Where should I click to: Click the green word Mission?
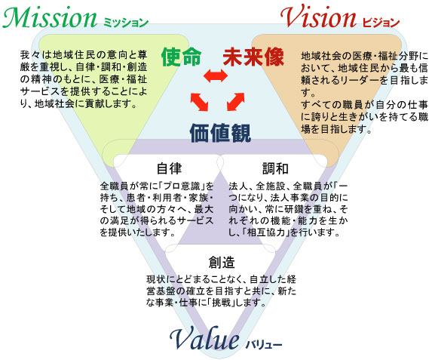(x=50, y=17)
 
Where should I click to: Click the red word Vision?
(x=318, y=17)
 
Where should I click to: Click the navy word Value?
(x=204, y=338)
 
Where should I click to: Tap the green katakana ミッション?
(x=126, y=22)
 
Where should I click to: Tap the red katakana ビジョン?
(x=381, y=22)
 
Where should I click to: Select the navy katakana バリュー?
(x=264, y=344)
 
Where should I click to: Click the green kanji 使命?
(x=182, y=57)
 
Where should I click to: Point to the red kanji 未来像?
(x=253, y=57)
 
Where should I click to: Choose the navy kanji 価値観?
(x=220, y=133)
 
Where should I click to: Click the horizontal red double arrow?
(x=216, y=75)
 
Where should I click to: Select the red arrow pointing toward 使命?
(x=200, y=102)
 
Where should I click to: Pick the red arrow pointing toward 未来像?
(x=235, y=102)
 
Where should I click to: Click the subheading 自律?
(x=169, y=168)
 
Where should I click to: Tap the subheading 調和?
(x=275, y=168)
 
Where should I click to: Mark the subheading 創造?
(x=222, y=262)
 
